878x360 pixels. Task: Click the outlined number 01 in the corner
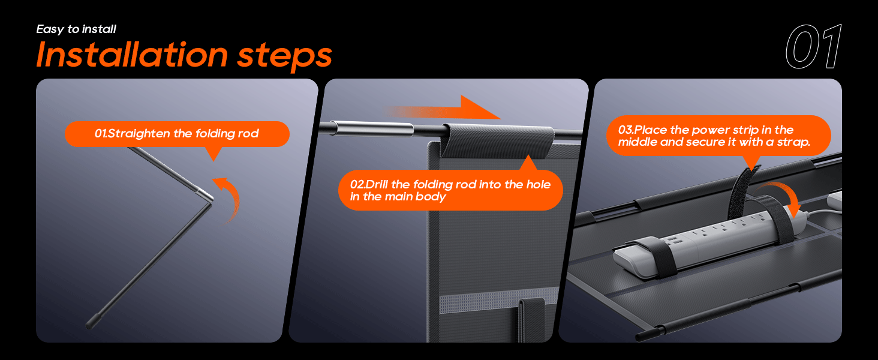pos(813,47)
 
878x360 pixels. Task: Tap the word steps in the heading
pos(284,56)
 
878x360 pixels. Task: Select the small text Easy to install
pos(76,29)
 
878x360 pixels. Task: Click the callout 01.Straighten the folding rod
pos(177,134)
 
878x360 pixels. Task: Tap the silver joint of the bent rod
pos(205,193)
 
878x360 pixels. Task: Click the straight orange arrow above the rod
pos(444,109)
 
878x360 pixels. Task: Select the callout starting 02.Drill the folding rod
pos(450,190)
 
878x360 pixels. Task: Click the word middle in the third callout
pos(636,142)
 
